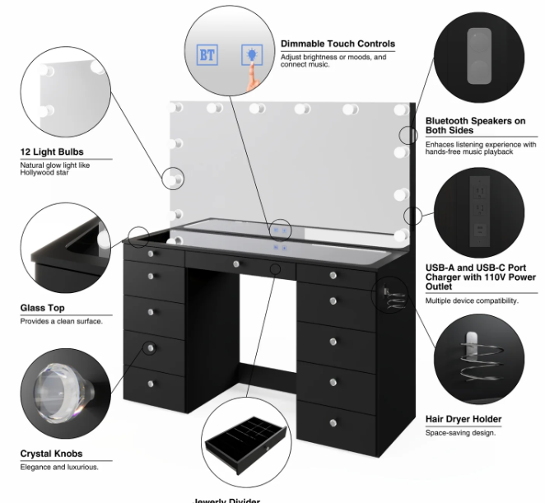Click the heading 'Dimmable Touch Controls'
tap(338, 44)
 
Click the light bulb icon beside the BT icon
tap(249, 56)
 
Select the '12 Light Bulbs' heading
tap(52, 152)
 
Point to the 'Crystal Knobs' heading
tap(51, 454)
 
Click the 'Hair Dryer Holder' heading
tap(463, 419)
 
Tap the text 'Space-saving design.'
tap(460, 433)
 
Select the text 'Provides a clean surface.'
tap(61, 321)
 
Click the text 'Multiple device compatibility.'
tap(472, 301)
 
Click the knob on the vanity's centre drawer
tap(236, 263)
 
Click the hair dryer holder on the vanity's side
tap(386, 294)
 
